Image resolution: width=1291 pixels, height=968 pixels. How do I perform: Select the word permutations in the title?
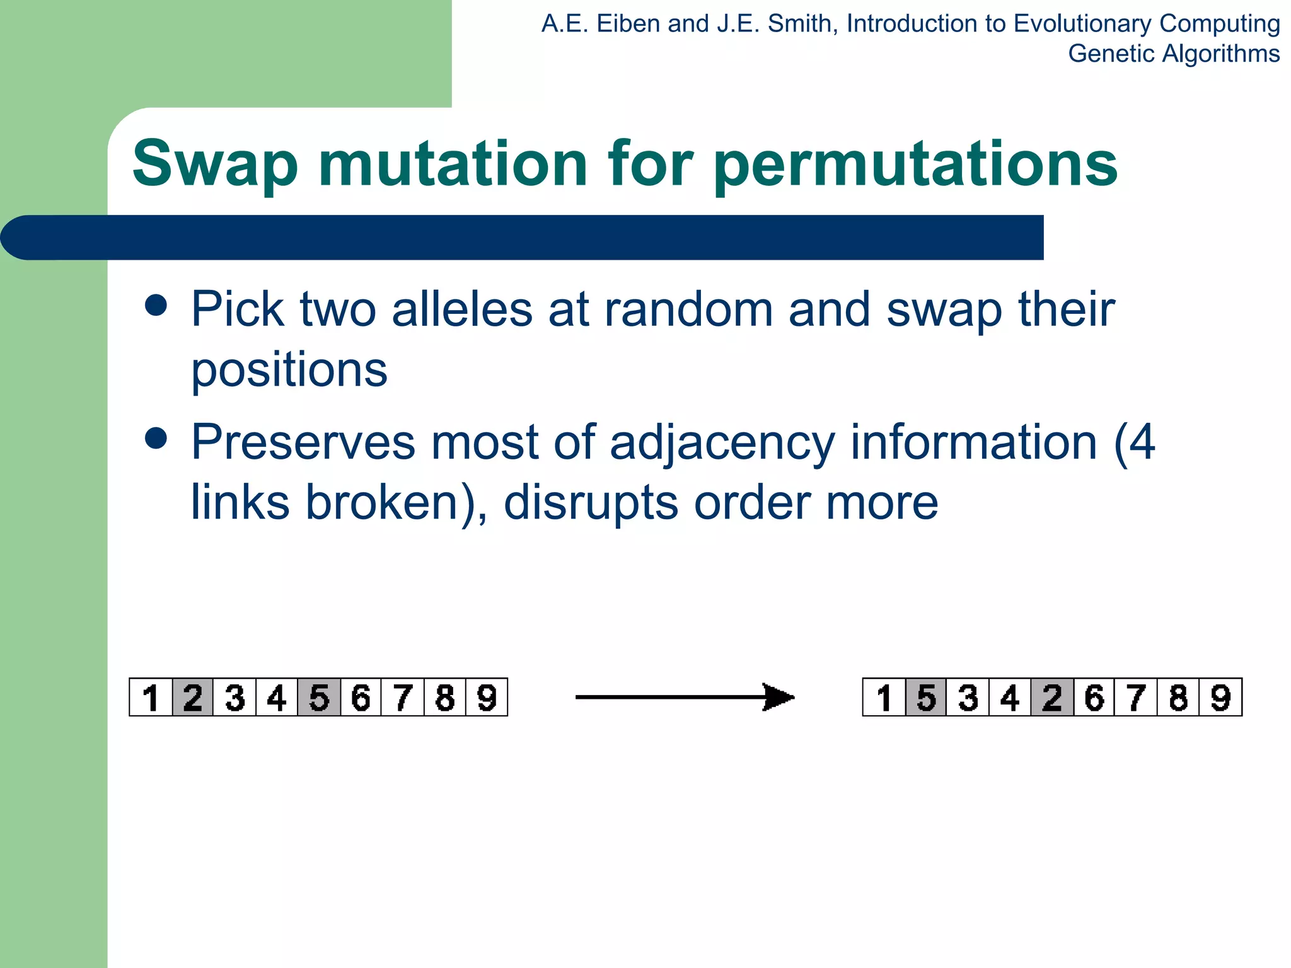(915, 165)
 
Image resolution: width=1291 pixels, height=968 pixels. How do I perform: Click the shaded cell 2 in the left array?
(193, 698)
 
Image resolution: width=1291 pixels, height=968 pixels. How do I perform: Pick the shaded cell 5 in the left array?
(319, 698)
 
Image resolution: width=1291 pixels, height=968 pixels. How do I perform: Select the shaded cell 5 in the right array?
(926, 698)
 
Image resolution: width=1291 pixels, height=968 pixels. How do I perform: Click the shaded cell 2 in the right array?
(1052, 698)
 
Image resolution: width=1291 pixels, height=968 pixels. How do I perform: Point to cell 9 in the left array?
(487, 698)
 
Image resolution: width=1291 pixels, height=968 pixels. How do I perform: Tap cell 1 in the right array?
(884, 698)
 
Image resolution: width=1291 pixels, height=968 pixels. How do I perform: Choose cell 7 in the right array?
(1136, 698)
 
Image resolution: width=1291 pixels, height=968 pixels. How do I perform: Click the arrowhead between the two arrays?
(779, 697)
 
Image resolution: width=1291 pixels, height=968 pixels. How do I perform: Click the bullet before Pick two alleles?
(156, 306)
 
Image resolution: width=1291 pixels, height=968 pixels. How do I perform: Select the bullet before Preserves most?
(156, 438)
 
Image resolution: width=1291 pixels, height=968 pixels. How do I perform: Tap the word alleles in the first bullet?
(462, 309)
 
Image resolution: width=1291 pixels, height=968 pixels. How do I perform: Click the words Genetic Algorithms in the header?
(1173, 54)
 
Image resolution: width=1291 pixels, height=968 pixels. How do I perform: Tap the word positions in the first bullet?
(289, 371)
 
